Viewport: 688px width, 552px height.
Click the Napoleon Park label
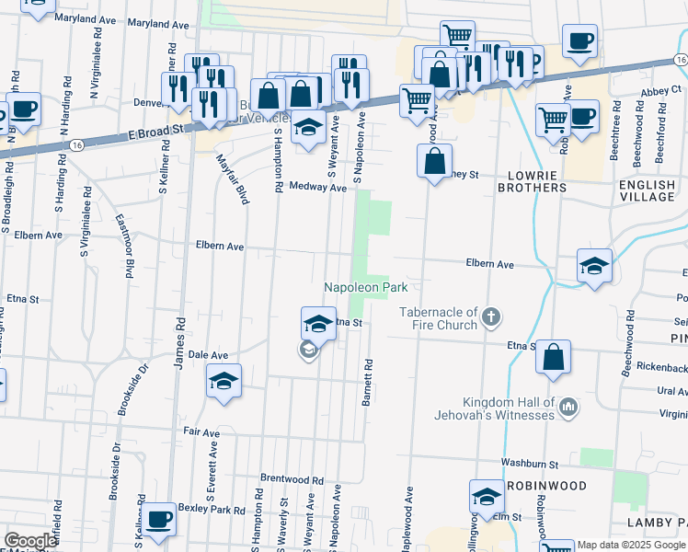click(x=365, y=288)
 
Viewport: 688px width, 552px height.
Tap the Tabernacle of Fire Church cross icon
click(x=491, y=318)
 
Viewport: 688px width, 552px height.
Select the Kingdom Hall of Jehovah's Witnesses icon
click(x=568, y=407)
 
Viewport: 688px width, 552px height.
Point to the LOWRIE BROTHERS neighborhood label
click(x=532, y=180)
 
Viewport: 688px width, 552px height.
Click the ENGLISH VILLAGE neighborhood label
click(x=647, y=190)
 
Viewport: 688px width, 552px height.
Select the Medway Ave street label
click(x=317, y=187)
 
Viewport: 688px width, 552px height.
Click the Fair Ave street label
click(x=201, y=431)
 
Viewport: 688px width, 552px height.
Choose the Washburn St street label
click(x=530, y=463)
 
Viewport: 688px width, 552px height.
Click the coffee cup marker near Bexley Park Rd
click(x=159, y=518)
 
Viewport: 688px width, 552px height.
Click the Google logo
click(x=30, y=541)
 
